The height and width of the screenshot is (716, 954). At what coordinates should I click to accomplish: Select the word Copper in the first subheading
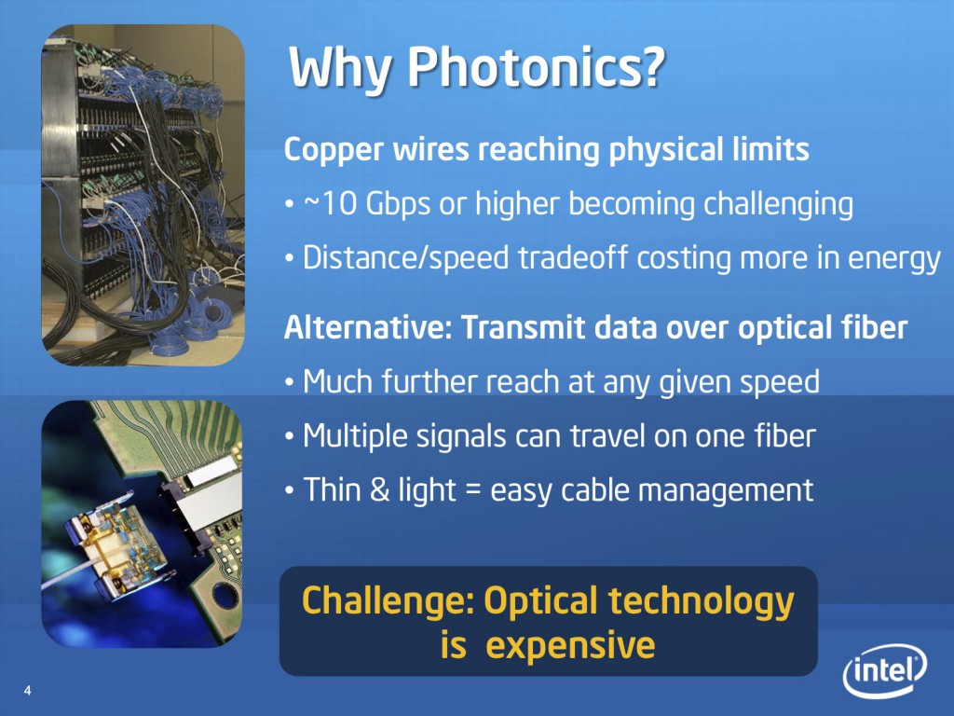pos(334,150)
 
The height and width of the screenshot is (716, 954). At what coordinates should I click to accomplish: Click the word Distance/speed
pos(406,258)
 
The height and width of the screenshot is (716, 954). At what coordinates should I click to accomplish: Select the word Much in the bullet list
pos(337,381)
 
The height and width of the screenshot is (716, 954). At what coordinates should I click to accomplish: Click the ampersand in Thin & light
pos(379,490)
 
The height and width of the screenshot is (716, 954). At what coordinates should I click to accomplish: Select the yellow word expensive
pos(571,645)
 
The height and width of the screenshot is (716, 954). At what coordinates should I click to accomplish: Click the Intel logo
pos(885,669)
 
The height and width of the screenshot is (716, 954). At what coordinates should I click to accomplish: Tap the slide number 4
pos(27,691)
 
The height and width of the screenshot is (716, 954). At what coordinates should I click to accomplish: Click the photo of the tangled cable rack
pos(143,195)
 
